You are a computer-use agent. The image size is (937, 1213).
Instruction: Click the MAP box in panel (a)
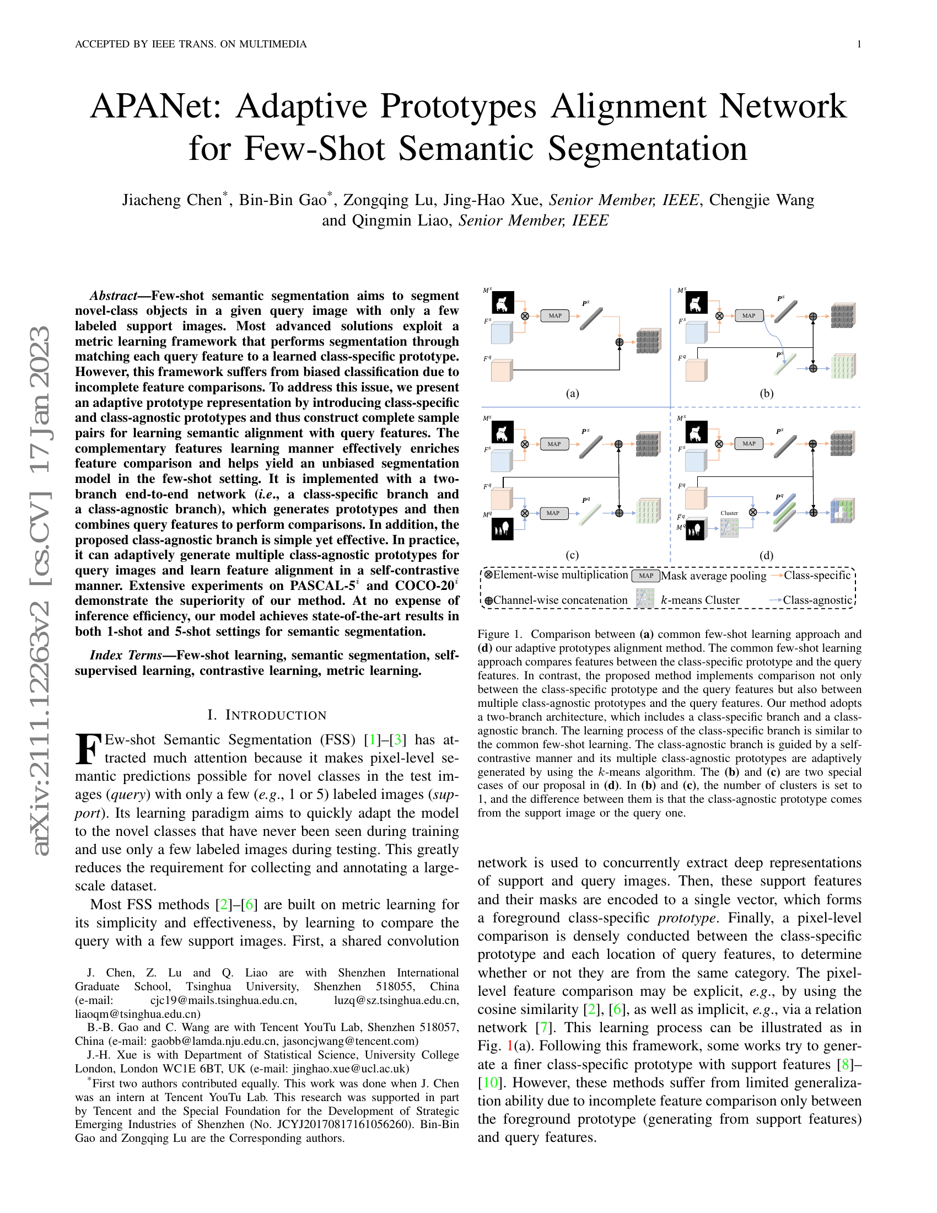pyautogui.click(x=554, y=315)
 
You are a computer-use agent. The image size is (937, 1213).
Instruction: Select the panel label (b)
pyautogui.click(x=766, y=394)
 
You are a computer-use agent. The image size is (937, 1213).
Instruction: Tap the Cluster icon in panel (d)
pyautogui.click(x=729, y=527)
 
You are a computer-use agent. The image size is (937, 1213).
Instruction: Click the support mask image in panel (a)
pyautogui.click(x=503, y=303)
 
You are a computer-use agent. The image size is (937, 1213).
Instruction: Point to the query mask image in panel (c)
pyautogui.click(x=503, y=529)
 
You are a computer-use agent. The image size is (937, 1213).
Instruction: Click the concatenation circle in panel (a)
pyautogui.click(x=620, y=342)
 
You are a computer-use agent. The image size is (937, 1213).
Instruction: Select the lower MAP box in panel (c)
pyautogui.click(x=553, y=513)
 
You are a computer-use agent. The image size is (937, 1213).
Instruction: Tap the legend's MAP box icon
pyautogui.click(x=645, y=576)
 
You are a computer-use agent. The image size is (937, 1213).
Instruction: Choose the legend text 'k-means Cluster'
pyautogui.click(x=700, y=600)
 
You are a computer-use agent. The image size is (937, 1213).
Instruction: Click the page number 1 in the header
pyautogui.click(x=859, y=45)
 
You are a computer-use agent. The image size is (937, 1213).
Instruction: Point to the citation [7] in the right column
pyautogui.click(x=544, y=1028)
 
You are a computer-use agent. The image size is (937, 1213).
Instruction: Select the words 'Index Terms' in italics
pyautogui.click(x=126, y=656)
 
